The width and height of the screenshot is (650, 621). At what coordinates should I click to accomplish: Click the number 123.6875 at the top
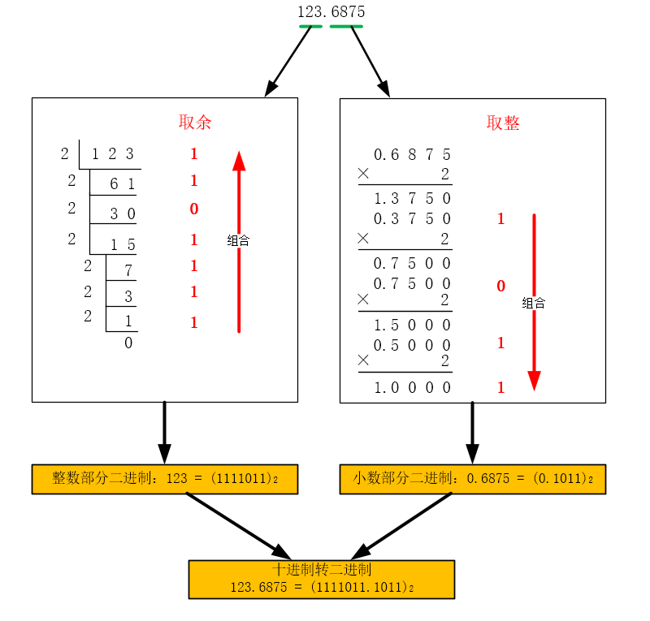point(331,12)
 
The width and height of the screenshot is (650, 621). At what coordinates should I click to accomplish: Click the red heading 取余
point(195,123)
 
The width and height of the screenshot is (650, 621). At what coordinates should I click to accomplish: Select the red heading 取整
point(503,123)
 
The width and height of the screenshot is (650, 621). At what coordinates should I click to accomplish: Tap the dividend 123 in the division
point(112,154)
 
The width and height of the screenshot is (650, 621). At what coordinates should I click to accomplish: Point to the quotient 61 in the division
point(122,184)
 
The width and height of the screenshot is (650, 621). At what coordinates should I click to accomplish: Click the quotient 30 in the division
point(122,213)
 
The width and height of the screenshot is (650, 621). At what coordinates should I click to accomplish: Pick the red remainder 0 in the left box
point(194,209)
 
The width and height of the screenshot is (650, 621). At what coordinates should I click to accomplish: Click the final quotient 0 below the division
point(128,343)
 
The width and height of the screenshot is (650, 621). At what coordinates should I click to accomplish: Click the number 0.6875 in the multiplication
point(412,154)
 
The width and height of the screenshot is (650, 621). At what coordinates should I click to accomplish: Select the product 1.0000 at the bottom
point(412,388)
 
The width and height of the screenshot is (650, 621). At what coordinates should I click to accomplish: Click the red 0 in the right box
point(500,286)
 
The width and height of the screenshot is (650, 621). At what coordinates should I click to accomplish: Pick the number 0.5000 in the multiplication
point(412,345)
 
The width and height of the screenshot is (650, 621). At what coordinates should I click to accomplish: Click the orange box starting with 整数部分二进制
point(165,479)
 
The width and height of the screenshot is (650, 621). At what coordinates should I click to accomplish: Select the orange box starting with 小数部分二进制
point(473,479)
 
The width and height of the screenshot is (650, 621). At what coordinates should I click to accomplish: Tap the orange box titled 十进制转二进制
point(322,580)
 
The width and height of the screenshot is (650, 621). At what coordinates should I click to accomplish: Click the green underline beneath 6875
point(346,27)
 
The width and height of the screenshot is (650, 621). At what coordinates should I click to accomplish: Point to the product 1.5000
point(412,325)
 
